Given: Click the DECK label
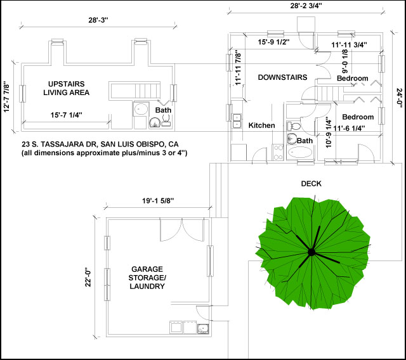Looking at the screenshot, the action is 311,184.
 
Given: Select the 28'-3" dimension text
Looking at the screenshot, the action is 98,20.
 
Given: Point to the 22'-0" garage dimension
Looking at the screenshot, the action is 88,278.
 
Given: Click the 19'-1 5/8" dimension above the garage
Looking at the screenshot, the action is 158,201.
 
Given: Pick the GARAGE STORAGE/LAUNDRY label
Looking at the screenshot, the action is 147,278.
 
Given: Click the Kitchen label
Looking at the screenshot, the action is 261,125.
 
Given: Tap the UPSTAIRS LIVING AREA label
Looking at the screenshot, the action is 66,88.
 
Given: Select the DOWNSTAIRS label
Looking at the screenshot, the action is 282,77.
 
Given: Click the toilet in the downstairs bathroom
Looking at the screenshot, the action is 294,127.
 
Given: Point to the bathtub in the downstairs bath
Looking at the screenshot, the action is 300,152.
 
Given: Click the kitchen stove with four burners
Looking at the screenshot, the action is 278,152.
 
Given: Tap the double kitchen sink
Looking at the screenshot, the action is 237,121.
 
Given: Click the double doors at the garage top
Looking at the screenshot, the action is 182,230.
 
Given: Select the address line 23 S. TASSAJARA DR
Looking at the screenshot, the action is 100,144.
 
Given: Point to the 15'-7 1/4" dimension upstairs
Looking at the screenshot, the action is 66,115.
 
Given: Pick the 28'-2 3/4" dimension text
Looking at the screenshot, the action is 306,6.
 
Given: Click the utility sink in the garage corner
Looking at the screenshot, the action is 203,328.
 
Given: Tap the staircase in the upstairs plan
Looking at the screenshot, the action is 134,90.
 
